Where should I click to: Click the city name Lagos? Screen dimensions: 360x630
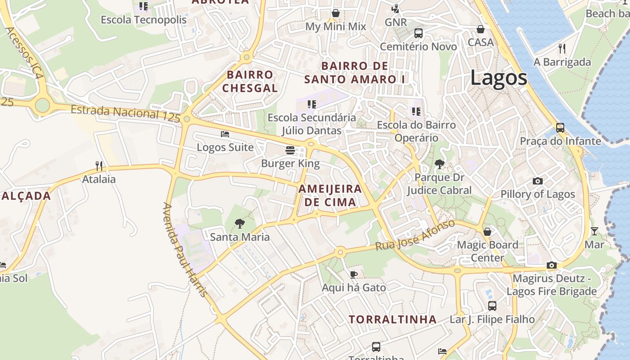(499, 78)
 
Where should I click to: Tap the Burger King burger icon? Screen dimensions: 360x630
(290, 150)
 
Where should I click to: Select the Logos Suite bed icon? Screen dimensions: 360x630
(225, 134)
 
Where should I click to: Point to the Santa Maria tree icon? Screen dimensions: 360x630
(240, 223)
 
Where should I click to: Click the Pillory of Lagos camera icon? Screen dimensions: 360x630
(537, 181)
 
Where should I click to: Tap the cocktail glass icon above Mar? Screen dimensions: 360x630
(594, 231)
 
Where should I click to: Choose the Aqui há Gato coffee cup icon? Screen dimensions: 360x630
(354, 274)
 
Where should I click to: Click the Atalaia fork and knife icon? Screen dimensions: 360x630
(99, 166)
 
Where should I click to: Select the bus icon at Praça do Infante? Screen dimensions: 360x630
(560, 128)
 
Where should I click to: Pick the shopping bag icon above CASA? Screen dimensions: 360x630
(481, 29)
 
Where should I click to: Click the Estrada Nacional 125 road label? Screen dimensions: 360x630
(125, 113)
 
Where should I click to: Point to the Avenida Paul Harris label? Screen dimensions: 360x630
(185, 250)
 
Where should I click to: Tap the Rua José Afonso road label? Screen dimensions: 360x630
(415, 236)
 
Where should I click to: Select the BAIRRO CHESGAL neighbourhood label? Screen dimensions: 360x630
(250, 81)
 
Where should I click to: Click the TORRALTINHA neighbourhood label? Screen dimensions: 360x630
(392, 319)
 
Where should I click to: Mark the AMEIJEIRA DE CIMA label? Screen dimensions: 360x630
(330, 195)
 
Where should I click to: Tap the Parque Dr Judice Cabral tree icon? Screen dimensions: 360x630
(439, 164)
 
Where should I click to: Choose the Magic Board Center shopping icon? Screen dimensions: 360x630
(487, 232)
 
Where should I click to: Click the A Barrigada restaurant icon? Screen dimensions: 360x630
(562, 48)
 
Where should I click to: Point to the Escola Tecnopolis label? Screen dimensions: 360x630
(144, 20)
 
